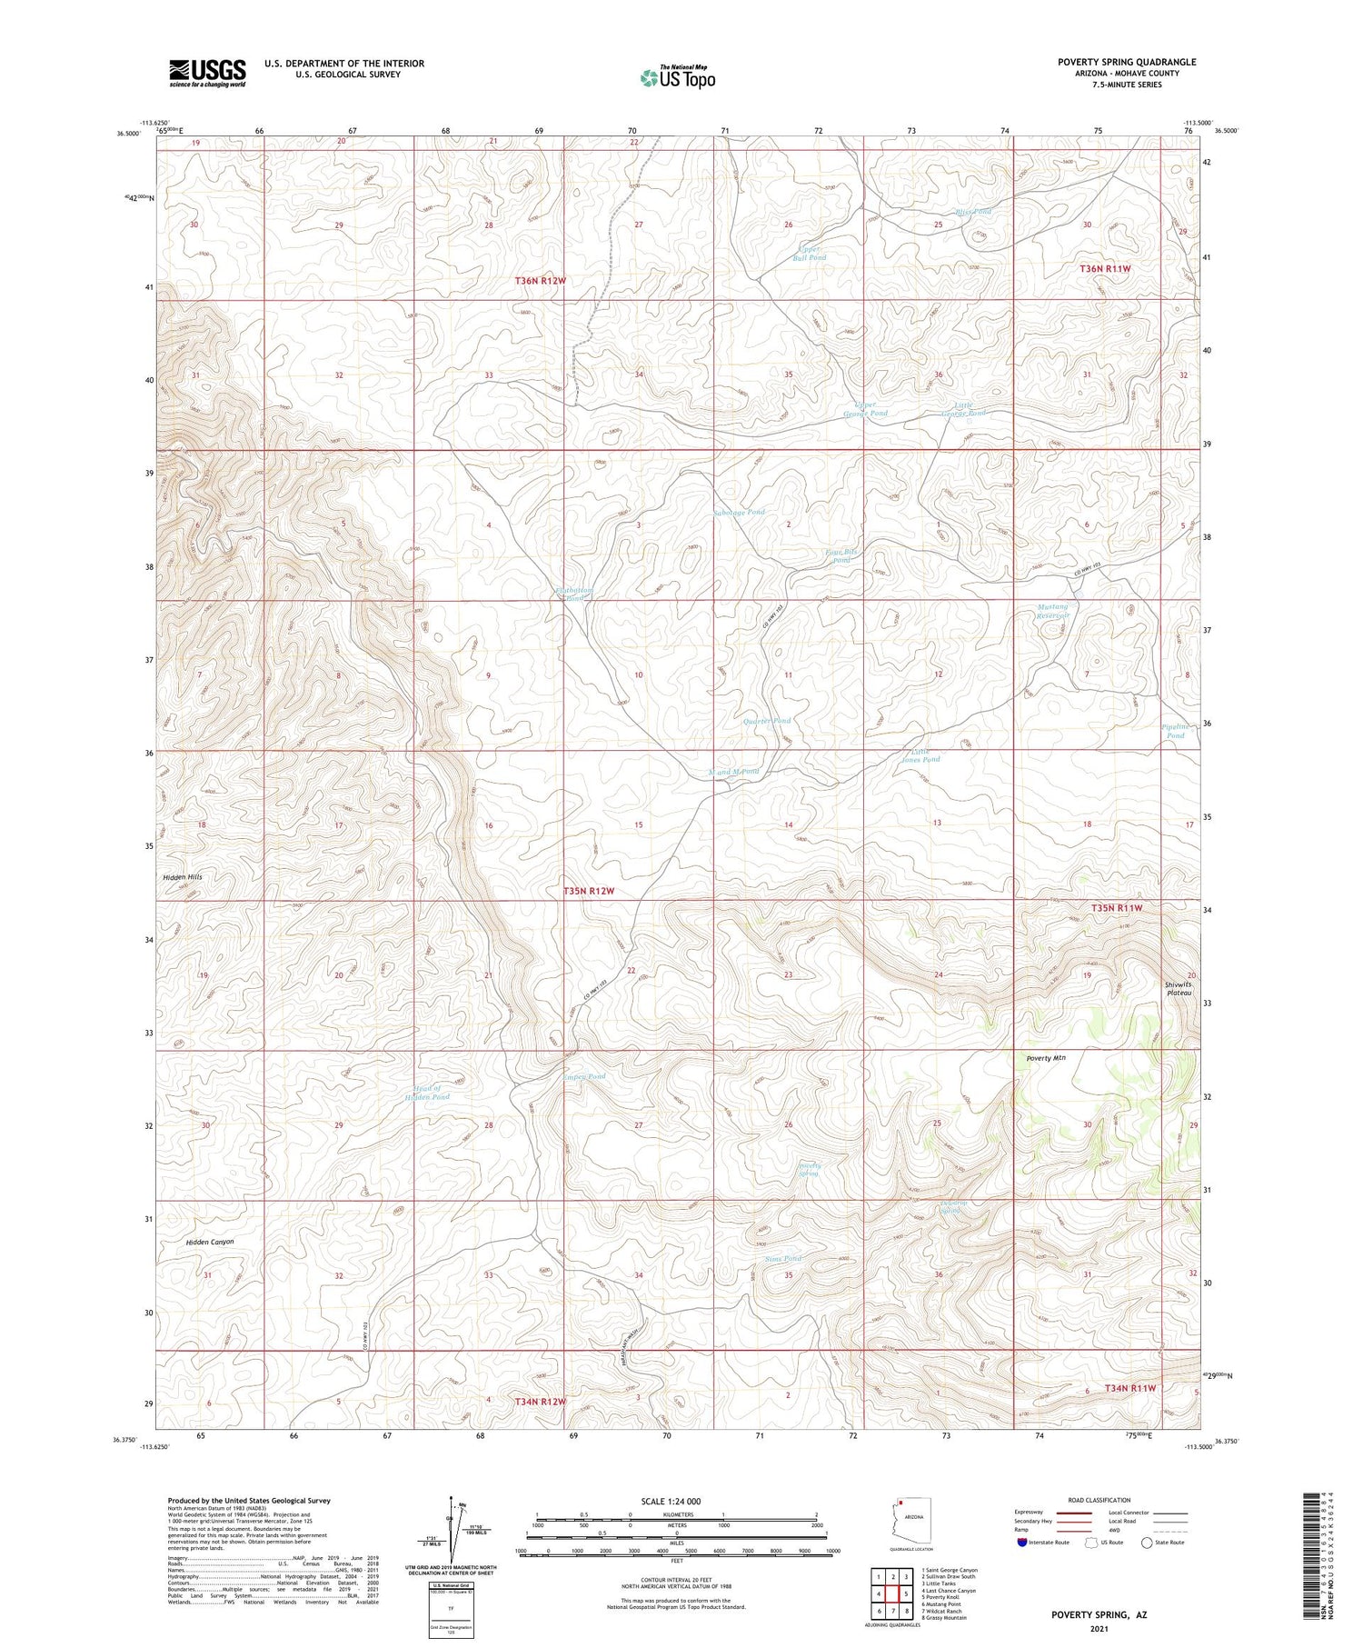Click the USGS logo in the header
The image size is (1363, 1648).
coord(207,73)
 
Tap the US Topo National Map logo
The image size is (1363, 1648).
coord(677,77)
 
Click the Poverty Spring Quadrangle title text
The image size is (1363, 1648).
coord(1126,62)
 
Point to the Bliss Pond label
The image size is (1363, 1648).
coord(972,212)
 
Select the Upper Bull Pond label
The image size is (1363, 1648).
coord(809,253)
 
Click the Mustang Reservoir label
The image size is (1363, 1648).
coord(1053,611)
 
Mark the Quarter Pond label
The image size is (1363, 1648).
coord(767,721)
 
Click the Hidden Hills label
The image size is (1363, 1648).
coord(183,877)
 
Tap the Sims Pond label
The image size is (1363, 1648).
coord(782,1258)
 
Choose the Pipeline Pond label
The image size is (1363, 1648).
coord(1175,731)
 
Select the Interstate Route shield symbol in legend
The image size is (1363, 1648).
coord(1021,1543)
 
